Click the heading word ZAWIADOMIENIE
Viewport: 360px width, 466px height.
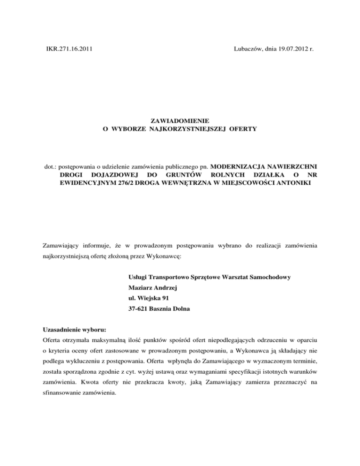coord(180,120)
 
